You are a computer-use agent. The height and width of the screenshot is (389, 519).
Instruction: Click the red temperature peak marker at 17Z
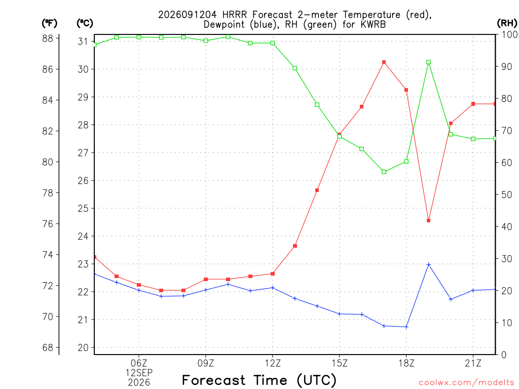(384, 62)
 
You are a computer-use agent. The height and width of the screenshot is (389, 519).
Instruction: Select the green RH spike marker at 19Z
(429, 62)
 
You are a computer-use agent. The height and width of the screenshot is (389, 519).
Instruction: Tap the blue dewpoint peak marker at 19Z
(429, 264)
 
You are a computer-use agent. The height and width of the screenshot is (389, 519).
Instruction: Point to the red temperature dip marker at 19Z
(429, 221)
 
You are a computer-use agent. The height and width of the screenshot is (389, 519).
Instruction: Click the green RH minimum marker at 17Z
(384, 172)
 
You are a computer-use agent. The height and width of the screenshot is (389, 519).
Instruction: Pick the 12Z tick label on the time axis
(272, 363)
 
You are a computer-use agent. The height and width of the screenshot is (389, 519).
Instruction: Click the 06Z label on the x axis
(139, 363)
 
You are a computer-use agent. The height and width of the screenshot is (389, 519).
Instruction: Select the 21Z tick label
(473, 363)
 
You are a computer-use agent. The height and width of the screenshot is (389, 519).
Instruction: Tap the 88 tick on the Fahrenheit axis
(48, 38)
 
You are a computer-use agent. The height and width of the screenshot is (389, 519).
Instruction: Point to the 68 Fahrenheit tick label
(48, 347)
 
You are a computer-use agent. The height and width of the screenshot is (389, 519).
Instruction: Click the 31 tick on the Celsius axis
(83, 42)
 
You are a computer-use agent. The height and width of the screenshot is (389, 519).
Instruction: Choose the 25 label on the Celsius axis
(83, 208)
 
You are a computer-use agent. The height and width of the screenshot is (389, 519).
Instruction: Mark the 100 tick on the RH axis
(510, 34)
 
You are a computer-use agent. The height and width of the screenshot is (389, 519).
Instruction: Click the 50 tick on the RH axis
(507, 194)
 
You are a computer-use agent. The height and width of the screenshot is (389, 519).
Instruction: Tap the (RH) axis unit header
(507, 23)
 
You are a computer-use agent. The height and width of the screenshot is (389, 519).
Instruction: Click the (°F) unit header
(49, 23)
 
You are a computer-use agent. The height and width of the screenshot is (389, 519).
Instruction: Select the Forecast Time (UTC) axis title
(259, 380)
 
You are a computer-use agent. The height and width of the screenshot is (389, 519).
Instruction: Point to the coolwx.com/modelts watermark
(466, 383)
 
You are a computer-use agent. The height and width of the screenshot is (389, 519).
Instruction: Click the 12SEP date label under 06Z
(139, 373)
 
